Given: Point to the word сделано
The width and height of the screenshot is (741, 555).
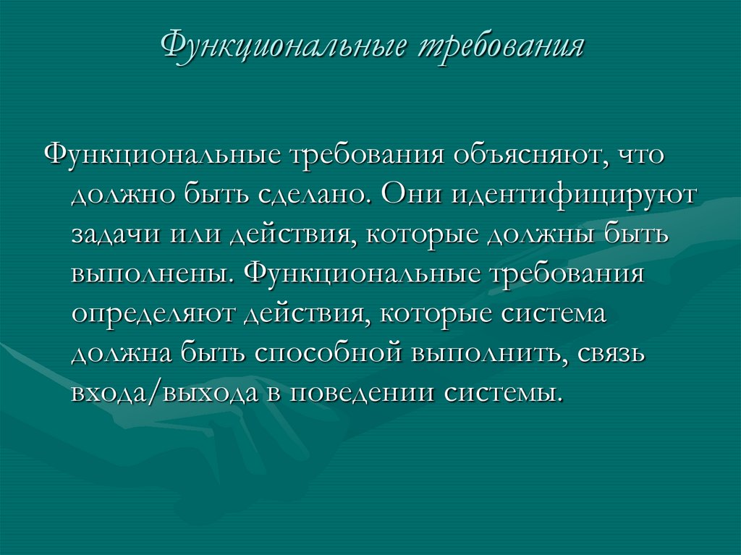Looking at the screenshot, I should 312,196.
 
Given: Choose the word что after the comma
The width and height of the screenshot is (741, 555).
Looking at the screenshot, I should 637,156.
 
